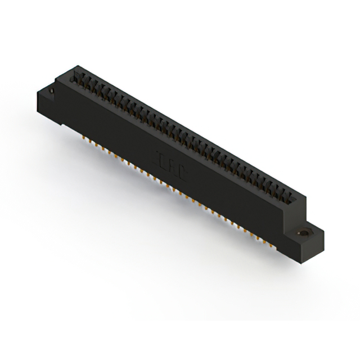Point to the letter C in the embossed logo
click(x=181, y=175)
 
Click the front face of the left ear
click(x=48, y=104)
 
